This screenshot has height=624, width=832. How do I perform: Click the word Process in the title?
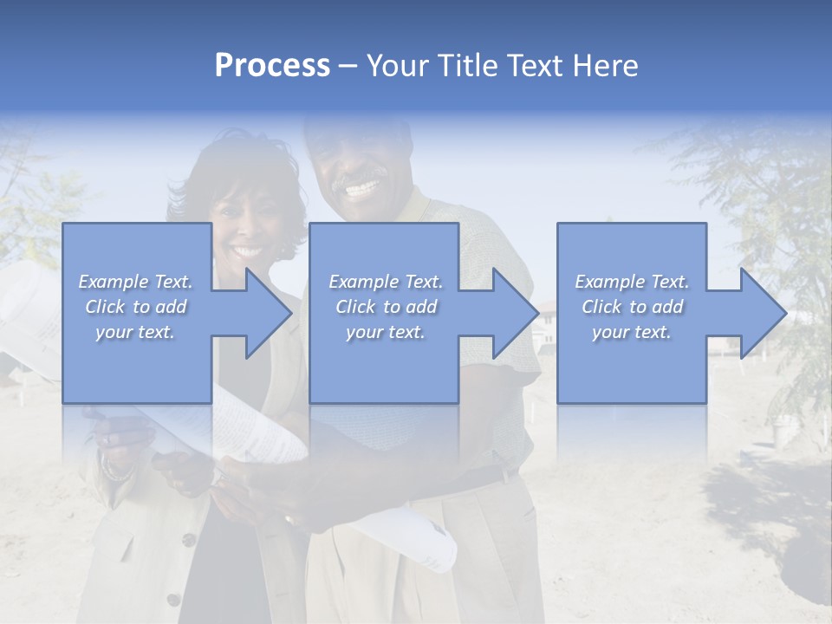pyautogui.click(x=272, y=66)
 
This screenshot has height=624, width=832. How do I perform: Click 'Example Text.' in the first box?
pyautogui.click(x=135, y=282)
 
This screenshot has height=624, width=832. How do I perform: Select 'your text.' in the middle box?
pyautogui.click(x=385, y=333)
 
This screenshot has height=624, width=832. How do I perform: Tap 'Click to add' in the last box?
pyautogui.click(x=632, y=307)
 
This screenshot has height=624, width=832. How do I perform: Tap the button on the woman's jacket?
pyautogui.click(x=187, y=540)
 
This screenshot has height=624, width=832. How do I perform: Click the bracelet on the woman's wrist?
pyautogui.click(x=115, y=472)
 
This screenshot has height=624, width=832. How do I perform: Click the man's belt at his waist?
pyautogui.click(x=494, y=477)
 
